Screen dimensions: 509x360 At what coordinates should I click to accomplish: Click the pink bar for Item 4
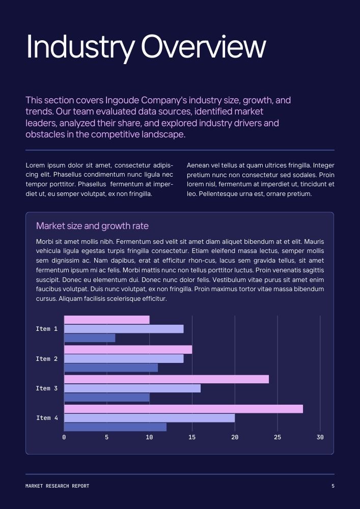point(183,409)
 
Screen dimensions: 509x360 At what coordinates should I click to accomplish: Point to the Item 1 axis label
point(46,329)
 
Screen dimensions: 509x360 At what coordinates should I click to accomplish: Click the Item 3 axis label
point(46,388)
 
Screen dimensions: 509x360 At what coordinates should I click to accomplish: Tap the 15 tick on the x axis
point(192,437)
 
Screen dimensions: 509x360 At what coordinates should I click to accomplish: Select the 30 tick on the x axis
point(320,437)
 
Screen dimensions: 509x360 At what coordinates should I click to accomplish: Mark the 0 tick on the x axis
point(64,437)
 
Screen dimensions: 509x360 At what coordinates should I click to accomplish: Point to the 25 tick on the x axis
point(277,437)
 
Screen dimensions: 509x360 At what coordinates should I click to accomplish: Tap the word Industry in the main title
point(80,47)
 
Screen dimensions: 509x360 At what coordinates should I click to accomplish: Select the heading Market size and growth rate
point(92,226)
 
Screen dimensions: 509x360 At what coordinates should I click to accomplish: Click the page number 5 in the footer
point(333,486)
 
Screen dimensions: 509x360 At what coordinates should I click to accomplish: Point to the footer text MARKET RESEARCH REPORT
point(57,486)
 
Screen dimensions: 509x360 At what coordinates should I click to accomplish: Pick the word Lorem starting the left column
point(35,165)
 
